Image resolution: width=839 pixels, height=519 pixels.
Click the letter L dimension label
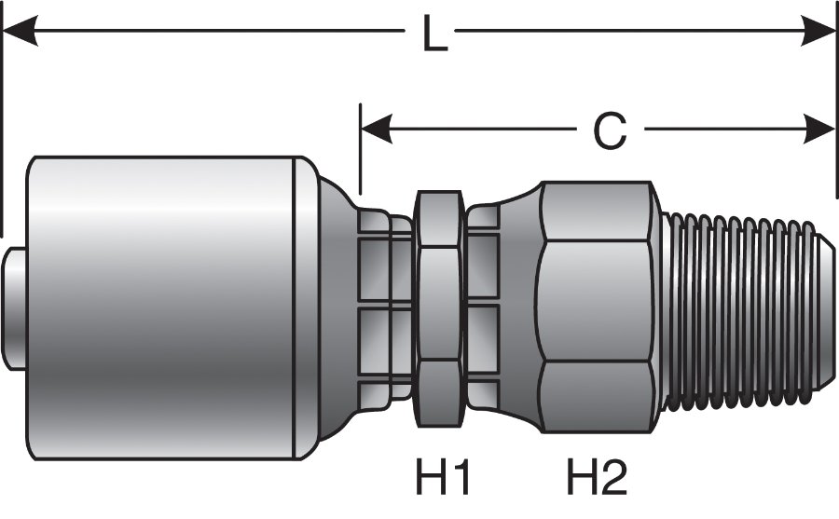pyautogui.click(x=431, y=35)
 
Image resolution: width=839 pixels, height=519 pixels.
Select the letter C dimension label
pyautogui.click(x=610, y=131)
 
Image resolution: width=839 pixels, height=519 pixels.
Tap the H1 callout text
pyautogui.click(x=443, y=478)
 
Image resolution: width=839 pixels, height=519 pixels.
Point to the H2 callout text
pyautogui.click(x=598, y=478)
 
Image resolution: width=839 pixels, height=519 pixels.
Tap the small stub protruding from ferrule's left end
pyautogui.click(x=13, y=308)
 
